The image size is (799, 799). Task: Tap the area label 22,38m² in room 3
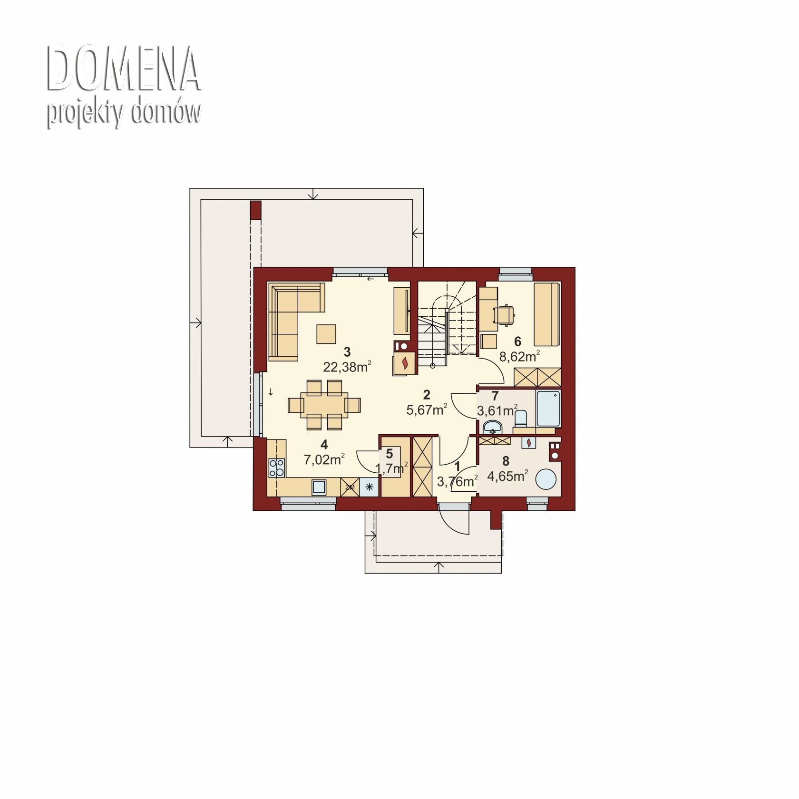(x=347, y=367)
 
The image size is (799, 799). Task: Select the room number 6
(x=517, y=341)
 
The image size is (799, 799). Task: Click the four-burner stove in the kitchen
(x=277, y=468)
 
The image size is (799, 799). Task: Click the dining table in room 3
(x=324, y=405)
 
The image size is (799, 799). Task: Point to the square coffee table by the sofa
(x=327, y=333)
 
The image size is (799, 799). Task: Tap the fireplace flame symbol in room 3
(x=405, y=363)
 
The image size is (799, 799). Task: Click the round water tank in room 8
(x=546, y=478)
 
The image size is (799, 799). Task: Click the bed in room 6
(x=547, y=314)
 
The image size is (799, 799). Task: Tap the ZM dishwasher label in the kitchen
(x=350, y=487)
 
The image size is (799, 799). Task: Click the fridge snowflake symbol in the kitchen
(x=369, y=487)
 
